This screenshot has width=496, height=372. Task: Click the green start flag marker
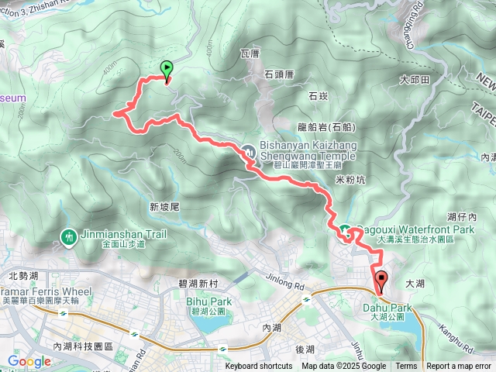pos(167,70)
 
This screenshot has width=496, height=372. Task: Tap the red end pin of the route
pos(380,280)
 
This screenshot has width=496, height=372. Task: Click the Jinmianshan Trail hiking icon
pos(69,236)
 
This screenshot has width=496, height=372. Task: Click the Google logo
pos(29,361)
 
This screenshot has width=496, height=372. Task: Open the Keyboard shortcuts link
pos(259,367)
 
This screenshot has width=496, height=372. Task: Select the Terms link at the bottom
pos(406,367)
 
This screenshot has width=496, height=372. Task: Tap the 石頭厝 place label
pos(279,74)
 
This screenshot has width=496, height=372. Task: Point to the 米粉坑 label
pos(350,179)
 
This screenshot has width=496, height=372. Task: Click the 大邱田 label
pos(415,80)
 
